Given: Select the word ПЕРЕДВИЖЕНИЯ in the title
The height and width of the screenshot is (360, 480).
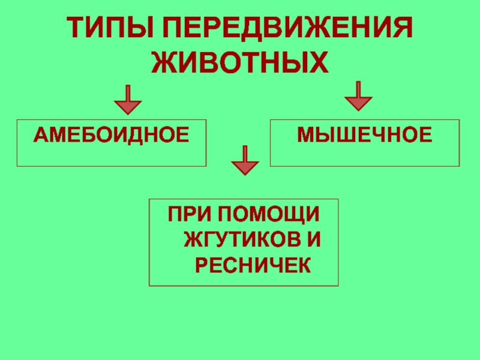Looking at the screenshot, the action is [288, 29].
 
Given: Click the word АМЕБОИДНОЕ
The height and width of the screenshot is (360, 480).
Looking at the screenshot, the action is [111, 134].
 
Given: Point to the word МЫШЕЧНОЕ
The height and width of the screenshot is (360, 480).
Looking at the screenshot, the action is [365, 134].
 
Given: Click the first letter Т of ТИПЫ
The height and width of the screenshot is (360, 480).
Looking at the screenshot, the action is [73, 29].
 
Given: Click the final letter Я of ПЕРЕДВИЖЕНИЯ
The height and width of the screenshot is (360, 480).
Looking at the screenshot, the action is [404, 29].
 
